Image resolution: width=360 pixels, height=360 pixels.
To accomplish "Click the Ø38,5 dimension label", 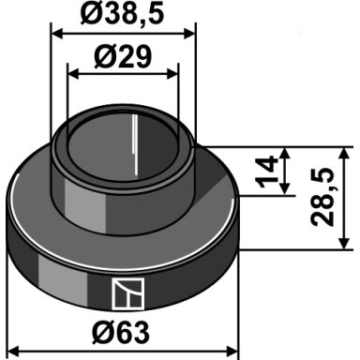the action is click(x=122, y=14).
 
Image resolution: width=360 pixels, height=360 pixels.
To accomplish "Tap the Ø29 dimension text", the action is click(x=123, y=57).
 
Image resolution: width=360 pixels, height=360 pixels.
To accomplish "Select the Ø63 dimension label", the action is click(x=121, y=332).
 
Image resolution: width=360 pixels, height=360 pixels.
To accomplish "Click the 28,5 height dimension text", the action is click(x=322, y=196).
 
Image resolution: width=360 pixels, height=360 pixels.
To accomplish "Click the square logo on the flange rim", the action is click(x=128, y=294).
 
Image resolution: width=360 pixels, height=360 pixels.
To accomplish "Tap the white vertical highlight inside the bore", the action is click(x=135, y=145).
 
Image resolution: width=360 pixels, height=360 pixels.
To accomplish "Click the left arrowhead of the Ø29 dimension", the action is click(x=74, y=74).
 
